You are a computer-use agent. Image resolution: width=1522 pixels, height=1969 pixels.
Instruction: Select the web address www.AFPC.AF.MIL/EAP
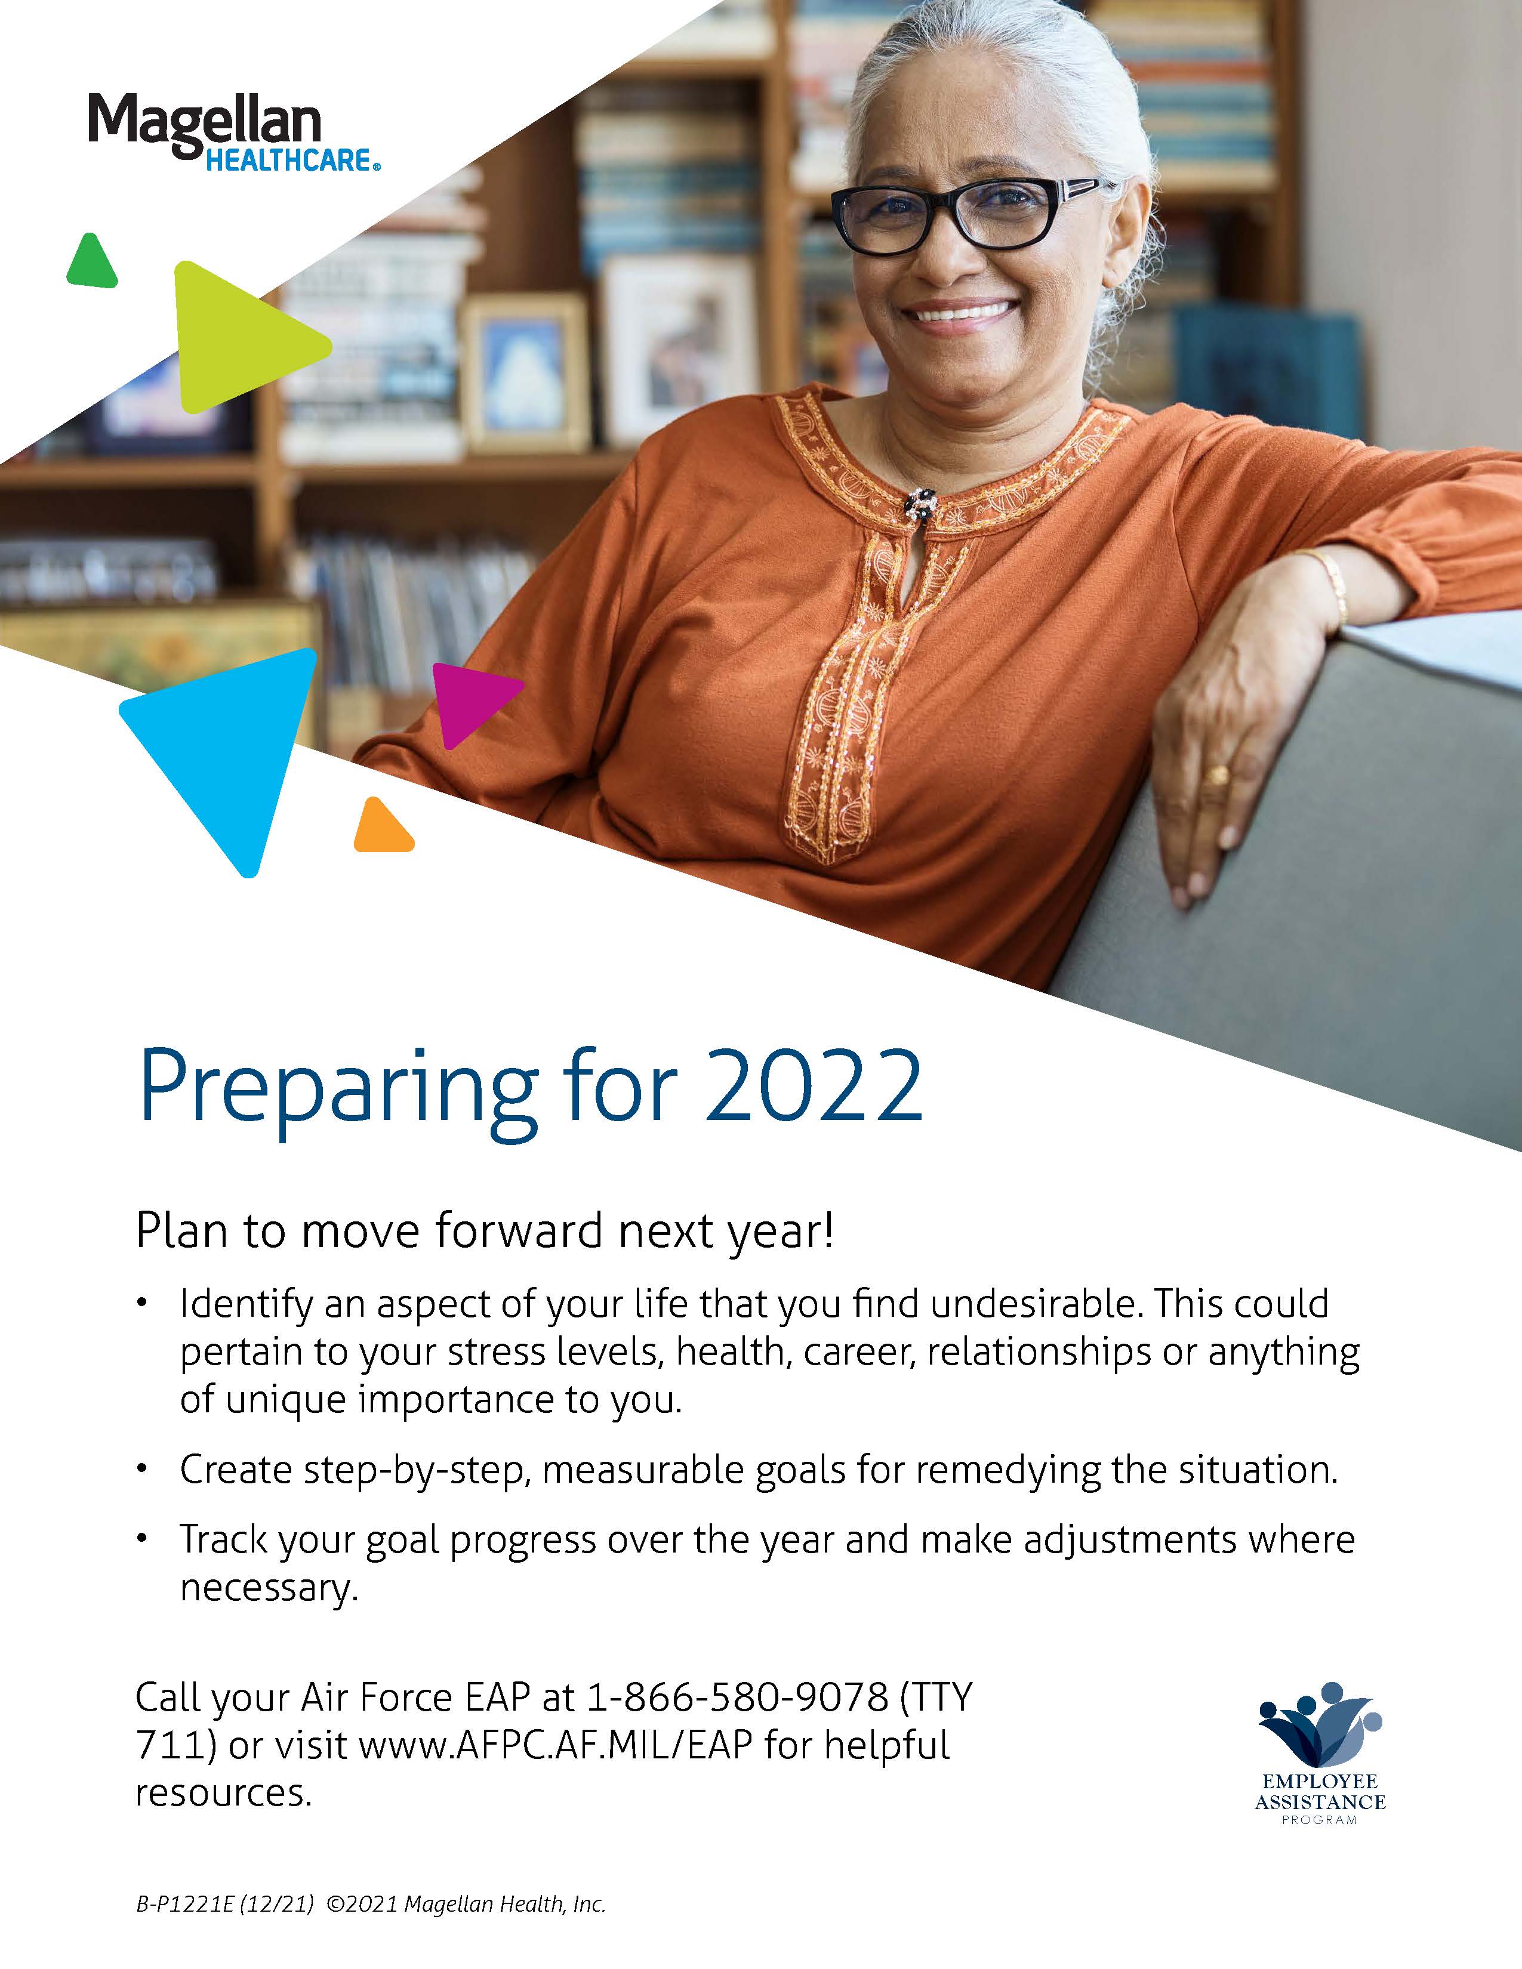click(x=556, y=1745)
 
